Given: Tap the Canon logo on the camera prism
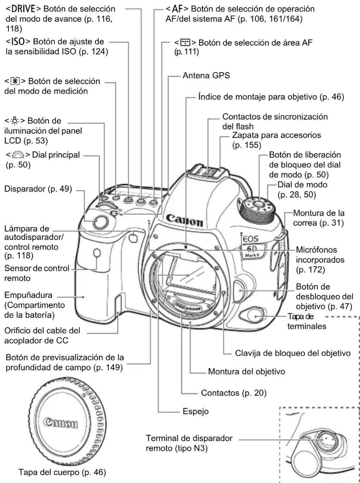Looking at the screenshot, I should pos(184,220).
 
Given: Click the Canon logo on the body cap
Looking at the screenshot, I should pos(61,423).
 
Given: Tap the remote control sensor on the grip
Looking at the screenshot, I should pos(97,253).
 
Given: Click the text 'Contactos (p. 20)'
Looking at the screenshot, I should pos(233,393).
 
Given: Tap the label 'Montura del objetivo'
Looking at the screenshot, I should pos(246,371).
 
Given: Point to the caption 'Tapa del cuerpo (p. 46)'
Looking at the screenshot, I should pos(62,472).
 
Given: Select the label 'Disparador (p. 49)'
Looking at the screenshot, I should pos(38,189).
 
